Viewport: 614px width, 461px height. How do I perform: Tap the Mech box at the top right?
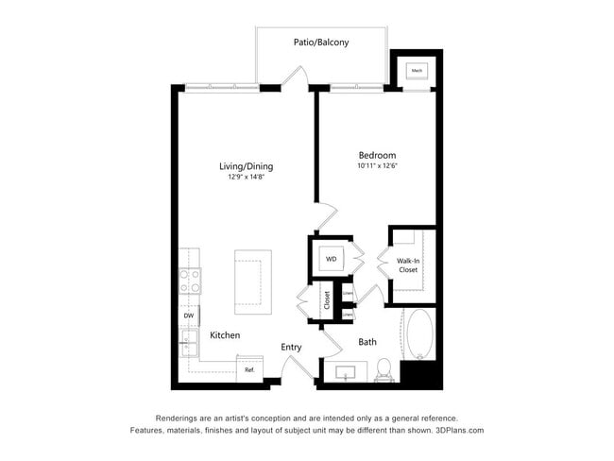[x=416, y=70]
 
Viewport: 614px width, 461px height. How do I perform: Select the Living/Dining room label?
[x=246, y=166]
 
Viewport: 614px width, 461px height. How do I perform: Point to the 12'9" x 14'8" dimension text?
[x=246, y=178]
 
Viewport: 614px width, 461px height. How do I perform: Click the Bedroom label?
[x=377, y=156]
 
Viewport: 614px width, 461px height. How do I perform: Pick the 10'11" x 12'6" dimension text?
[x=377, y=167]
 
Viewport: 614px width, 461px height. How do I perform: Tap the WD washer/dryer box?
[x=332, y=258]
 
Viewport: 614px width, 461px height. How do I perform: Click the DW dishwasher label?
[x=188, y=316]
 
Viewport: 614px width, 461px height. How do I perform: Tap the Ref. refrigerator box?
[x=249, y=369]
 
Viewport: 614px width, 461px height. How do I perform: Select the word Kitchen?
[x=225, y=335]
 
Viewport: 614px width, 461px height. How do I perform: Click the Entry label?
[x=291, y=348]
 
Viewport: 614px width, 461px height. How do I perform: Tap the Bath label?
[x=368, y=342]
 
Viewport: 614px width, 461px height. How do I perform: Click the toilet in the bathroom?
[x=384, y=368]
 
